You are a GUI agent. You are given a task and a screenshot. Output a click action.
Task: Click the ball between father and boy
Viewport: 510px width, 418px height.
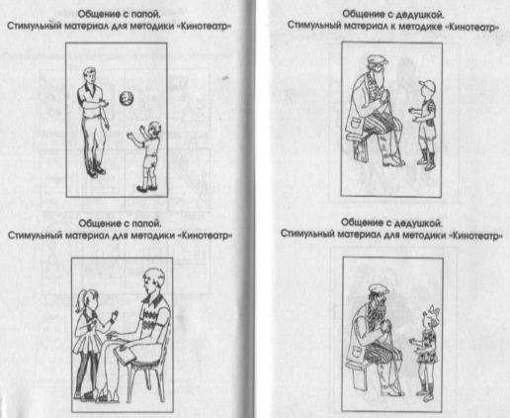(x=127, y=98)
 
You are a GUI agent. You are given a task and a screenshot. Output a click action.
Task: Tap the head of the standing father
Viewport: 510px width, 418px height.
(x=90, y=76)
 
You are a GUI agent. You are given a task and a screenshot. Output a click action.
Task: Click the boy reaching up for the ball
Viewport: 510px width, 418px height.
(x=147, y=156)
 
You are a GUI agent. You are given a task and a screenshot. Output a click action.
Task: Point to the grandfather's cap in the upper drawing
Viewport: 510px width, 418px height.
(x=378, y=59)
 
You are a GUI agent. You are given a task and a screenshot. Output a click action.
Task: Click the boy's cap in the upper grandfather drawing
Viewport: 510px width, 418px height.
(x=428, y=87)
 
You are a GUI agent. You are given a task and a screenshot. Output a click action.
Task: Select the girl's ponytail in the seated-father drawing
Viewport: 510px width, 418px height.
(x=81, y=303)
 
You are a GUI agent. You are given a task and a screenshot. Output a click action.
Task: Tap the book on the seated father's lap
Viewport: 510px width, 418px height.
(x=125, y=354)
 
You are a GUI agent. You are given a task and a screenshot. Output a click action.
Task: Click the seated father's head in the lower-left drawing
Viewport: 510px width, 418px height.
(x=153, y=282)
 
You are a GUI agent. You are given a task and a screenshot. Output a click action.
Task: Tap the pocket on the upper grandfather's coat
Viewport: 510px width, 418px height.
(x=354, y=125)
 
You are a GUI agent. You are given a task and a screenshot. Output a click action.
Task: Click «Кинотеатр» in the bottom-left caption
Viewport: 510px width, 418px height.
(x=206, y=236)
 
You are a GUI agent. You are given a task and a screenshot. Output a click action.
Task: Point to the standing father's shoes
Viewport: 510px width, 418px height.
(x=96, y=172)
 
